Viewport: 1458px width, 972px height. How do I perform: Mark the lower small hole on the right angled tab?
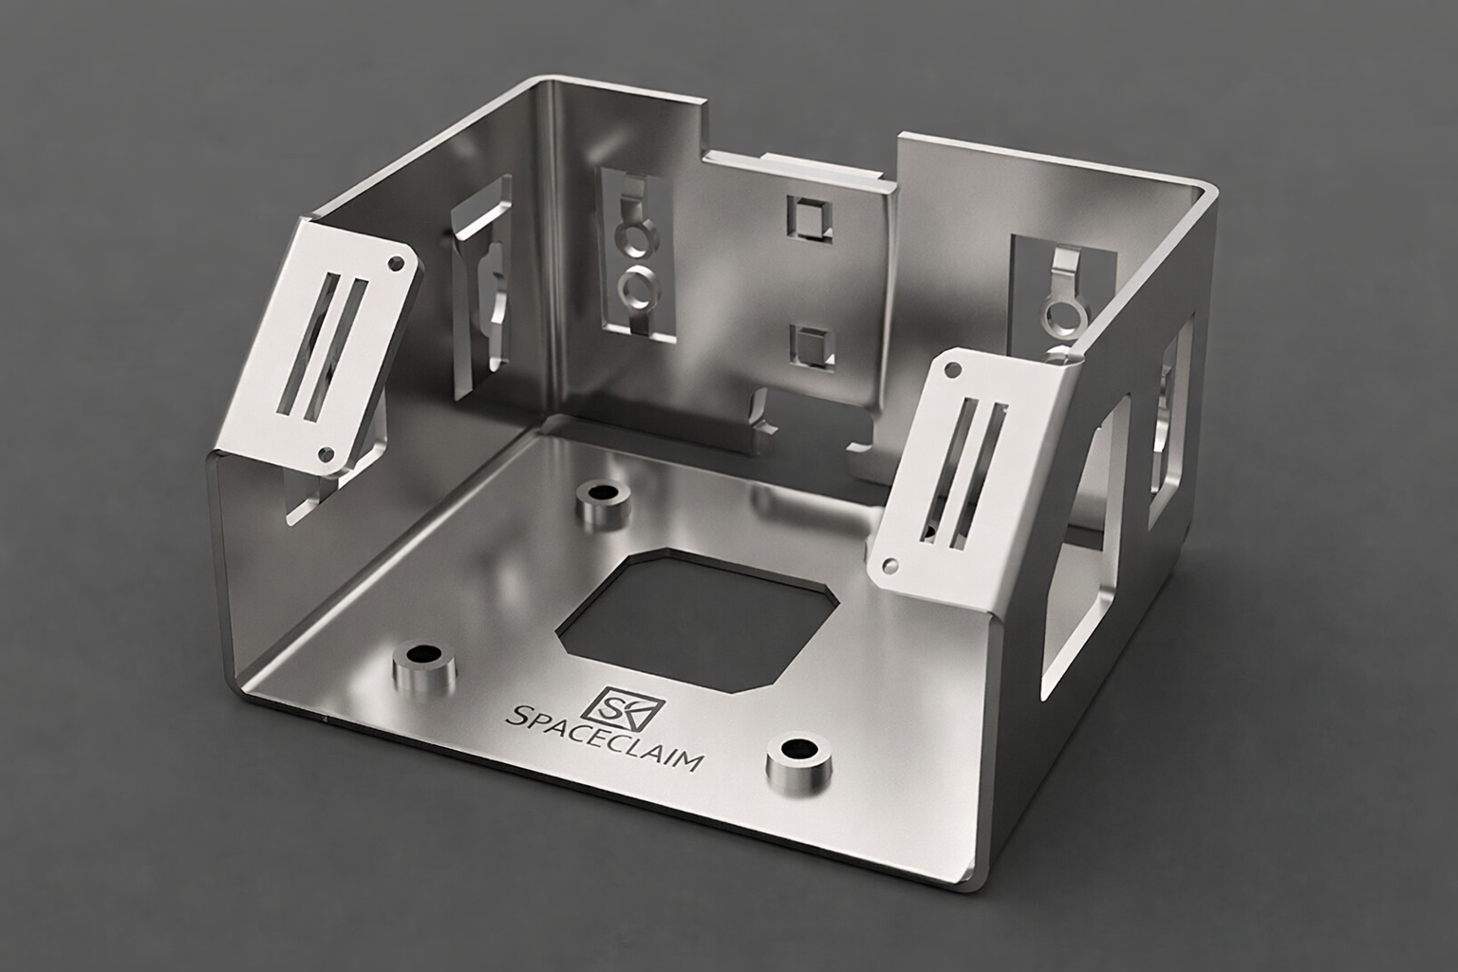pos(889,566)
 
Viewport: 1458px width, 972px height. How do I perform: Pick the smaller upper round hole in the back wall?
pos(630,237)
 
